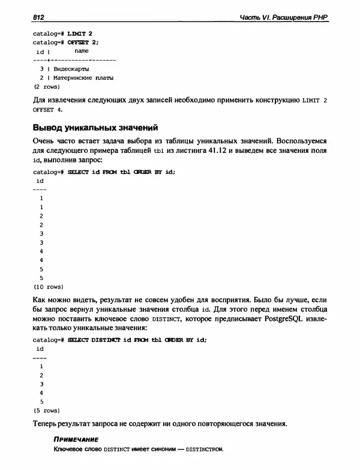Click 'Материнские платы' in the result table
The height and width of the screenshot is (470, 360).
tap(83, 78)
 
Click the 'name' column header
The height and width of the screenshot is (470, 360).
tap(81, 52)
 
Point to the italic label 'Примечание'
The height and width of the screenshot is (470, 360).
tap(76, 440)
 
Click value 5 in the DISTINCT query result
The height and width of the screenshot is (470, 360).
tap(41, 402)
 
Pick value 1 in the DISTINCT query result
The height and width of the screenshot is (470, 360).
tap(41, 365)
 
